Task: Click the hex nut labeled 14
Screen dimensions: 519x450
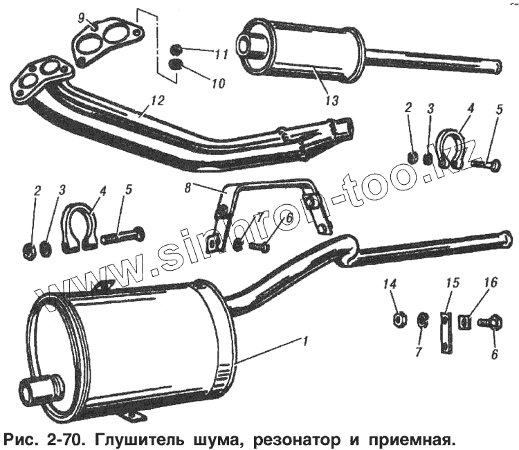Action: (400, 318)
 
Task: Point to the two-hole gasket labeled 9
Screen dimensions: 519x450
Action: (104, 42)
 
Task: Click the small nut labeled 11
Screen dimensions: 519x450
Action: (176, 50)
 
